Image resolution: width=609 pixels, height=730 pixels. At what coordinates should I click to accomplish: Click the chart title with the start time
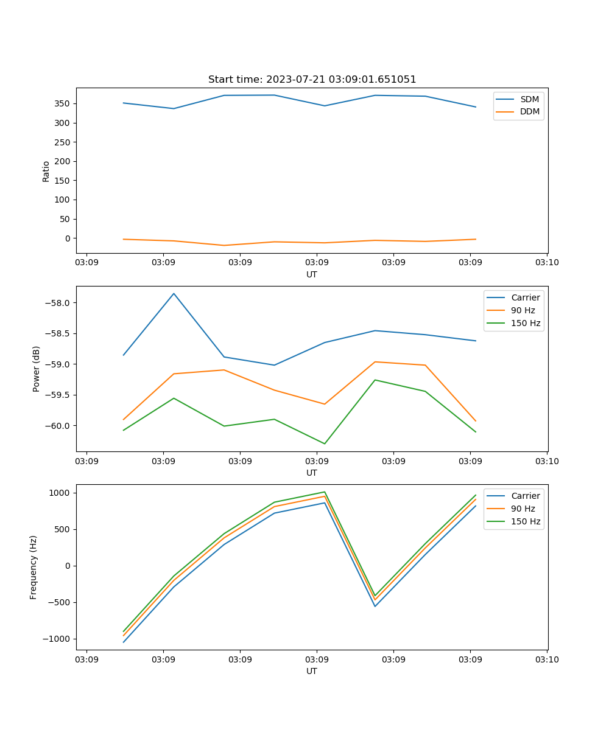click(312, 80)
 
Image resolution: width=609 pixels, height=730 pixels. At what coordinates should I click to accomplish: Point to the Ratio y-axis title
click(46, 171)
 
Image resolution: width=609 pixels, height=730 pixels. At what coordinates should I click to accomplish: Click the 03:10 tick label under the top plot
click(546, 263)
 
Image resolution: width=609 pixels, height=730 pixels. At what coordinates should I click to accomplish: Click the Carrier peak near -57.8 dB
click(174, 294)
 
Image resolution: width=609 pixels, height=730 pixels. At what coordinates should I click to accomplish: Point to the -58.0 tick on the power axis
click(58, 303)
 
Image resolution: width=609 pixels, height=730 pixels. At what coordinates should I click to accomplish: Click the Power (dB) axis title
click(37, 369)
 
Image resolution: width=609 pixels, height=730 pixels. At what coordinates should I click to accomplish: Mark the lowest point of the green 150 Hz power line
click(324, 443)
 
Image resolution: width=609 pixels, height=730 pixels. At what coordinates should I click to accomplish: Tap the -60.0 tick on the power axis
click(58, 426)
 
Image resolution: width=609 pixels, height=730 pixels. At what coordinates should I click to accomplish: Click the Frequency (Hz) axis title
click(33, 567)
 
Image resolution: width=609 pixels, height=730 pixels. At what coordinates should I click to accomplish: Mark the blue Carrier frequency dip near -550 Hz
click(375, 606)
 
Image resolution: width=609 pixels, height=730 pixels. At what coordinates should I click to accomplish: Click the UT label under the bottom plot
click(312, 671)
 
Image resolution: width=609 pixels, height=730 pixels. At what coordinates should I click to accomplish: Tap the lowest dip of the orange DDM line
click(224, 245)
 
